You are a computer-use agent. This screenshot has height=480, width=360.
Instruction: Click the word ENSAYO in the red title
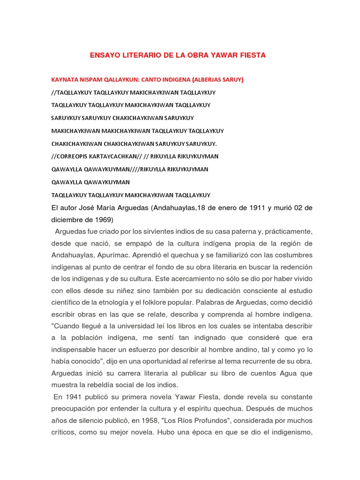[105, 55]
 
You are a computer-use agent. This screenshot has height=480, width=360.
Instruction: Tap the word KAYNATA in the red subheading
[65, 80]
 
